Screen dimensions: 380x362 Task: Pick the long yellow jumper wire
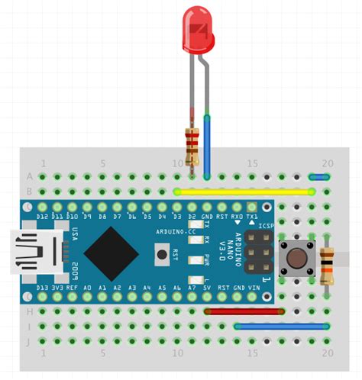tap(244, 192)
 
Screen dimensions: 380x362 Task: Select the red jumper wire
tap(244, 311)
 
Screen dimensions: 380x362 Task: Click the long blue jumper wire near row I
tap(282, 326)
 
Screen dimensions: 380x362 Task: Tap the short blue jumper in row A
tap(319, 176)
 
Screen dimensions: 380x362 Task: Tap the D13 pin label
tap(42, 288)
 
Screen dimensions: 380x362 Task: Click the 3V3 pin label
tap(57, 288)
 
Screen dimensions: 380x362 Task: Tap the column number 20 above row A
tap(327, 163)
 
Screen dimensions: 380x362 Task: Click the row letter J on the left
tap(30, 341)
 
